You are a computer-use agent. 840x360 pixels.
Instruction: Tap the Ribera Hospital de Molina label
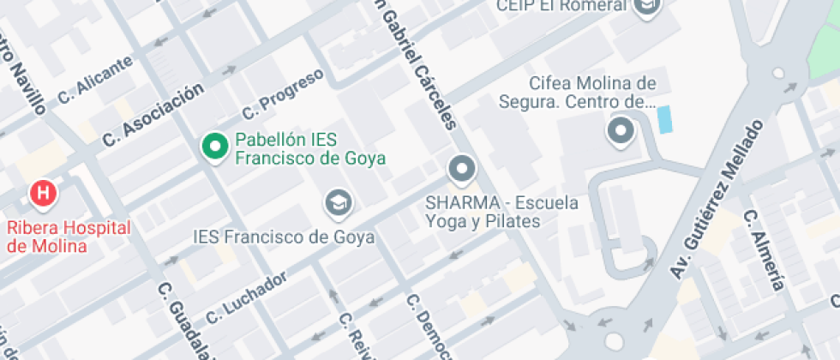[69, 237]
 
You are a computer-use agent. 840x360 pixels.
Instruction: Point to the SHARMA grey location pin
[462, 169]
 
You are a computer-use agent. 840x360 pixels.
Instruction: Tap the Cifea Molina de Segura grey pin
[619, 131]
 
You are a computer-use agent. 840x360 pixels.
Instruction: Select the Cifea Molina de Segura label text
[579, 93]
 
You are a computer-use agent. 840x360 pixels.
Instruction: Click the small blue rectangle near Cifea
[664, 118]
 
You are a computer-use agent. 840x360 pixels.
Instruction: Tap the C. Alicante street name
[95, 80]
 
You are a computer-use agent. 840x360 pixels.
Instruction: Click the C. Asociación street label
[153, 113]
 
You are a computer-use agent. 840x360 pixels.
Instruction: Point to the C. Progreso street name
[283, 94]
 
